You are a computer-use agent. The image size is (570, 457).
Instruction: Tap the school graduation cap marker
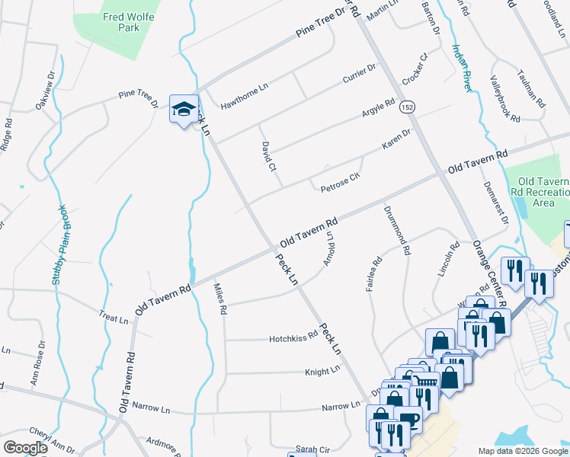tap(184, 110)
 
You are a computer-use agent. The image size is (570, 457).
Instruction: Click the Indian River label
tap(462, 69)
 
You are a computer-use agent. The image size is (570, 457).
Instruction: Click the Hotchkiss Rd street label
tap(293, 337)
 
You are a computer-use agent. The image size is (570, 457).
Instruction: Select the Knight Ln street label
tap(322, 370)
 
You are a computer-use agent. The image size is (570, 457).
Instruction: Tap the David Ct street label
tap(267, 156)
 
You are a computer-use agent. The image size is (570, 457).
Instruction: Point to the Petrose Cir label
tap(340, 184)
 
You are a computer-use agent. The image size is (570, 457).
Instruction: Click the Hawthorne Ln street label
tap(244, 96)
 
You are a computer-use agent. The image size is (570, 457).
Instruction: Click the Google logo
tap(26, 448)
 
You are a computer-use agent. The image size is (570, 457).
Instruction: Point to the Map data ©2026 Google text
tap(522, 451)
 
